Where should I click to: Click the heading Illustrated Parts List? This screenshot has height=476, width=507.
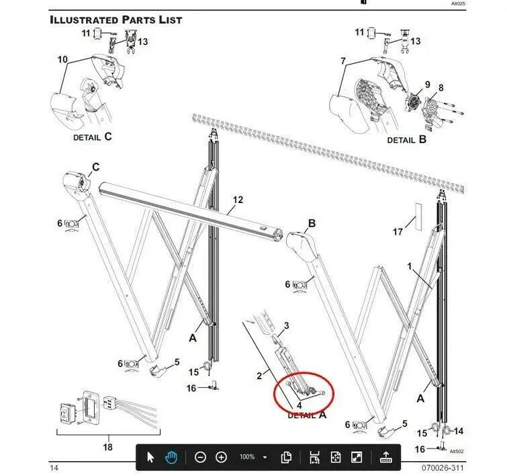(x=116, y=19)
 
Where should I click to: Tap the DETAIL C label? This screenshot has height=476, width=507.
(x=93, y=136)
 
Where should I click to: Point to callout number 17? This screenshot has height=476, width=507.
(x=398, y=232)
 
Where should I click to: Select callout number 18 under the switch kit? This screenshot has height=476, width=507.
(x=108, y=447)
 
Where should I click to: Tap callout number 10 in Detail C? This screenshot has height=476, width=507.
(x=62, y=60)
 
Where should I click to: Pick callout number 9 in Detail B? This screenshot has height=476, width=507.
(x=426, y=85)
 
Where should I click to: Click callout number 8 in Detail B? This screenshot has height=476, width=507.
(x=441, y=88)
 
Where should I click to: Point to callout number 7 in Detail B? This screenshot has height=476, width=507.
(x=342, y=61)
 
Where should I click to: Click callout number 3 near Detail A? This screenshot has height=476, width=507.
(x=286, y=325)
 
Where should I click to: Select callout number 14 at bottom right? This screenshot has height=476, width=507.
(x=459, y=431)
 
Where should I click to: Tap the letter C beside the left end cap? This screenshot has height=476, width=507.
(x=95, y=167)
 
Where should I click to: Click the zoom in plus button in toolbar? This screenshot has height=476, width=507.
(x=222, y=458)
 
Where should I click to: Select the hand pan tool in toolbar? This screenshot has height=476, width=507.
(x=172, y=458)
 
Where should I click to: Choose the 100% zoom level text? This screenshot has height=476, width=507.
(x=247, y=457)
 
